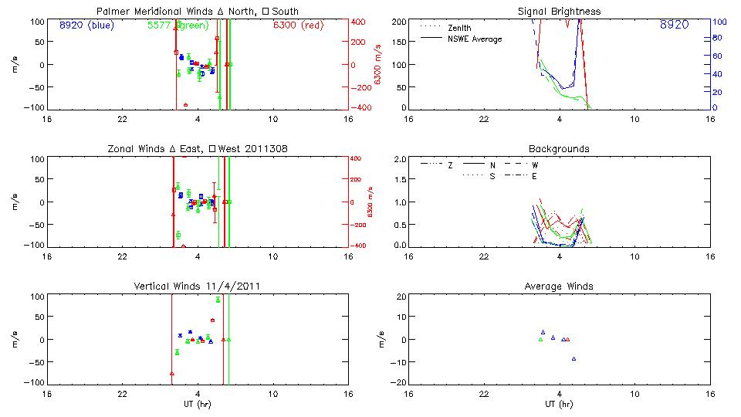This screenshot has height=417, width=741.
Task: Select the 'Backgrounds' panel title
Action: coord(559,148)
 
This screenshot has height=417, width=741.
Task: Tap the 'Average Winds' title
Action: coord(559,286)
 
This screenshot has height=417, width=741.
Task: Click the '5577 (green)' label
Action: coord(177,25)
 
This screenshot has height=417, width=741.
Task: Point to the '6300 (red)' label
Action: coord(297,25)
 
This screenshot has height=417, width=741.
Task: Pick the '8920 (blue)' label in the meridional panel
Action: coord(86,25)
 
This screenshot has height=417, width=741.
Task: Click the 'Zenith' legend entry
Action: coord(459,28)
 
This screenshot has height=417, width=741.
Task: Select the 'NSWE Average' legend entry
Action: coord(475,39)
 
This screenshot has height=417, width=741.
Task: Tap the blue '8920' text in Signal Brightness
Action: coord(675,25)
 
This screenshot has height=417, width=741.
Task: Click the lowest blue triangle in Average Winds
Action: coord(574,358)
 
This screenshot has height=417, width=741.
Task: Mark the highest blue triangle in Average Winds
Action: coord(543,331)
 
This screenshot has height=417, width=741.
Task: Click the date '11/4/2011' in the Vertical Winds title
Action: coord(231,286)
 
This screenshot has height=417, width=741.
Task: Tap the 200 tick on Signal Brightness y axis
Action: coord(399,22)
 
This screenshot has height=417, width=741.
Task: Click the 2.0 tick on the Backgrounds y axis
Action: coord(401,159)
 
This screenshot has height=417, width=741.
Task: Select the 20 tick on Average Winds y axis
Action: coord(401,297)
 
